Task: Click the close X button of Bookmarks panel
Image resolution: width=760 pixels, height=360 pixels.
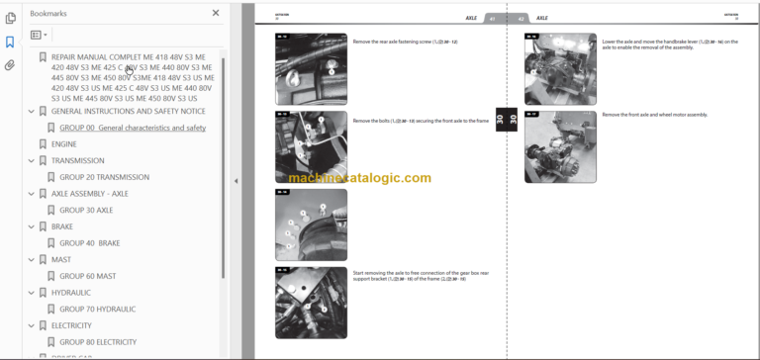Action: coord(216,13)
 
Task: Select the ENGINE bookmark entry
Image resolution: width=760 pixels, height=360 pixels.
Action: coord(63,144)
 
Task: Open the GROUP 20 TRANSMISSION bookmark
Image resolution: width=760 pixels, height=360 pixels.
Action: coord(104,177)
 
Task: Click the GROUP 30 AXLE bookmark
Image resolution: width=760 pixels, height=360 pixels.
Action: coord(86,210)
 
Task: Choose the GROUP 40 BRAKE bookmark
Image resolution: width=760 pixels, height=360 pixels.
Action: coord(89,242)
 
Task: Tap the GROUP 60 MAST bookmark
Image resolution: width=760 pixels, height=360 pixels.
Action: coord(87,276)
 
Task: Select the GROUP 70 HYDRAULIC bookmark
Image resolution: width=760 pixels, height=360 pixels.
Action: coord(97,309)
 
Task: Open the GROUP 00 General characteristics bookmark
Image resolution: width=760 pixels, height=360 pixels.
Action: coord(132,128)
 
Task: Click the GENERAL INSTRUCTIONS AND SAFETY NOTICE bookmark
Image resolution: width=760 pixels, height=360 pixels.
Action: coord(128,112)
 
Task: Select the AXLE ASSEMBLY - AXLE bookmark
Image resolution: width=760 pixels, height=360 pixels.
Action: coord(89,194)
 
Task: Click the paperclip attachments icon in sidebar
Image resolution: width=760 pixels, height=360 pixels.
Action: coord(10,65)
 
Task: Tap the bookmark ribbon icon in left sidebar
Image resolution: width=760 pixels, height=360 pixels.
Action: coord(10,42)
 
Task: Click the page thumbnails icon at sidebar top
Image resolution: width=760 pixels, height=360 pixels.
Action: coord(10,18)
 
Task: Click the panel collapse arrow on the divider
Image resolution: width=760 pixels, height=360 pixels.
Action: coord(236,181)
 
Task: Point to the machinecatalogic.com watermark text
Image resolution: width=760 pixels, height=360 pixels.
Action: coord(360,178)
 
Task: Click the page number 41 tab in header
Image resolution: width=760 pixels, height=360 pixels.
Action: coord(491,18)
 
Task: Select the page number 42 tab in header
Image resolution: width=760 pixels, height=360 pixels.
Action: coord(521,18)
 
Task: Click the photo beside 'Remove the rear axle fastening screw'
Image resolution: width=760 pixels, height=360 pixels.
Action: coord(311,68)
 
